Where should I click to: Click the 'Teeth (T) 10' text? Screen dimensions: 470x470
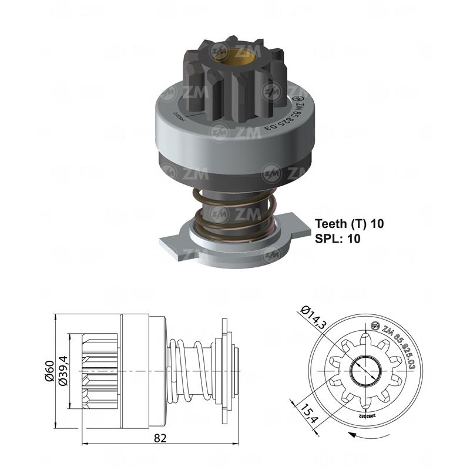click(349, 224)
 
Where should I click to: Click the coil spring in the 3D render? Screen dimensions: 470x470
click(235, 211)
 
